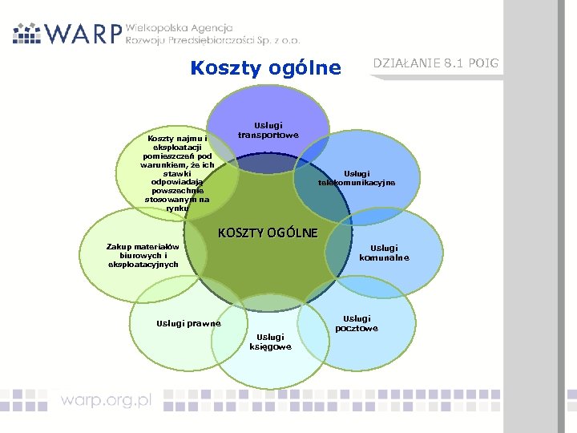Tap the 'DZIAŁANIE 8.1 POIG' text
tap(436, 63)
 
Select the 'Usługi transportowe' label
tap(268, 130)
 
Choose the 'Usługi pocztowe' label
tap(357, 323)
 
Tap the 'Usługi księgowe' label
tap(271, 342)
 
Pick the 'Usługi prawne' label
tap(189, 323)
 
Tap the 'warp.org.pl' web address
tap(107, 401)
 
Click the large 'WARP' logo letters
tap(84, 32)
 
